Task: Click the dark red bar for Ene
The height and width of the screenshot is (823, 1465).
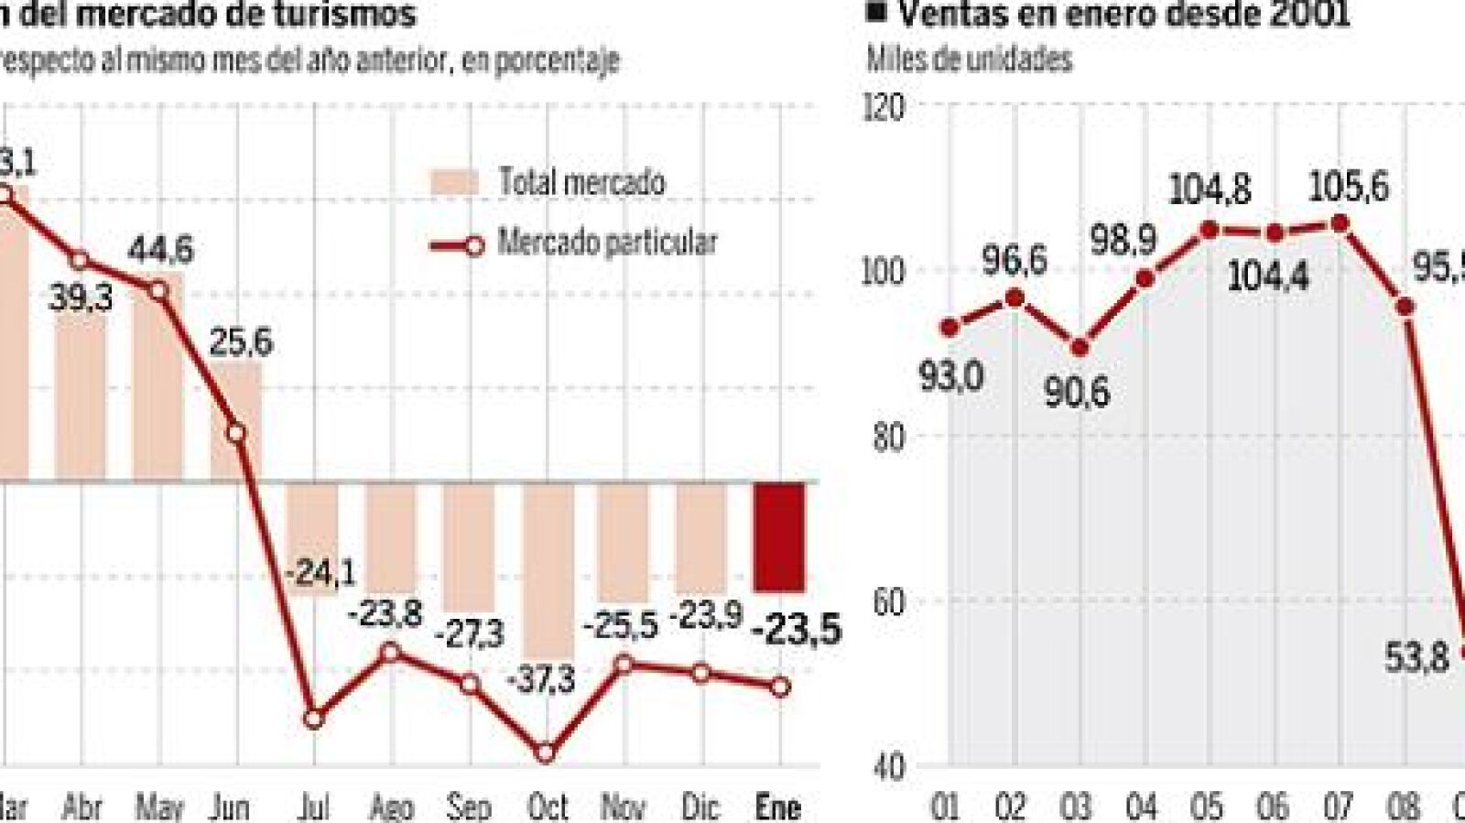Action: (x=779, y=536)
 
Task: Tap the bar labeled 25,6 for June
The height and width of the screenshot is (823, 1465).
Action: (x=236, y=419)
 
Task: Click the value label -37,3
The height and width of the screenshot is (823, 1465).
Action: (x=541, y=679)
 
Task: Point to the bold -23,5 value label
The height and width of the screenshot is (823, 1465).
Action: (x=796, y=630)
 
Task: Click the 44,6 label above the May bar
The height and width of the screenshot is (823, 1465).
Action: (x=161, y=249)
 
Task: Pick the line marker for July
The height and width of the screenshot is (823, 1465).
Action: (x=313, y=719)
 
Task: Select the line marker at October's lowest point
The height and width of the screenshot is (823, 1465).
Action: (x=546, y=753)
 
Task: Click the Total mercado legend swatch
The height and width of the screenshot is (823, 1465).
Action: (x=455, y=181)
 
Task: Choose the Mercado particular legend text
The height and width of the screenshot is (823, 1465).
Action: (x=607, y=243)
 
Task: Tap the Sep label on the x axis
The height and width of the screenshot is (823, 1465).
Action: (x=469, y=807)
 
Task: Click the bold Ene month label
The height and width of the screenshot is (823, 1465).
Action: (x=778, y=807)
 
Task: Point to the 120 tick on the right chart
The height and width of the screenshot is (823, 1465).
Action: (x=884, y=108)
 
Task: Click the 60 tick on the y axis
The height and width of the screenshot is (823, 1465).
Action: (x=884, y=601)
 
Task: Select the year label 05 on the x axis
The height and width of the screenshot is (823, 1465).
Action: (x=1206, y=807)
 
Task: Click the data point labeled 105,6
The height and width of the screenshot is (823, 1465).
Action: (x=1340, y=223)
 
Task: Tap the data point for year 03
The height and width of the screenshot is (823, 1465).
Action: (x=1080, y=349)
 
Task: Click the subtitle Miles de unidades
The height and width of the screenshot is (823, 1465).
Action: (x=970, y=60)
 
